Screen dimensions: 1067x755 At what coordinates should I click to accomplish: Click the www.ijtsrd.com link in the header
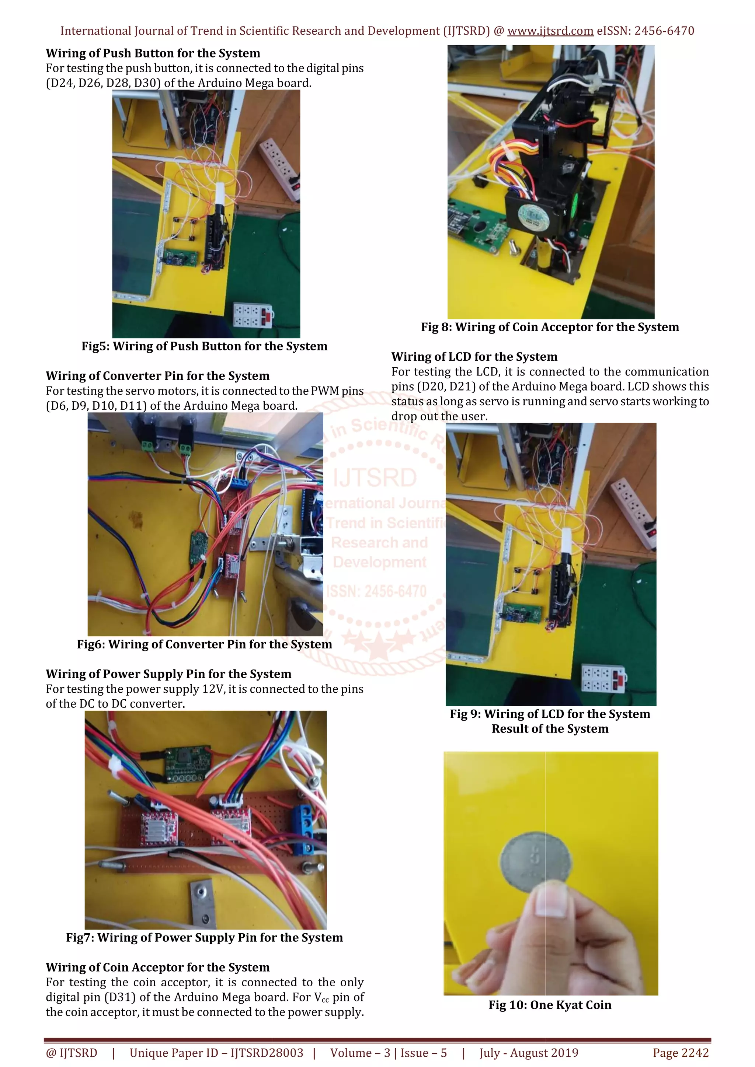[x=550, y=31]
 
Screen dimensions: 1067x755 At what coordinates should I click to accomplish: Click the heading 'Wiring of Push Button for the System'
[x=153, y=53]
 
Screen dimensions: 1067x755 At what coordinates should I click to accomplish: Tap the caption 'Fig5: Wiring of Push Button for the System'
[x=205, y=346]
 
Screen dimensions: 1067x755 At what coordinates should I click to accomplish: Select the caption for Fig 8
[x=550, y=327]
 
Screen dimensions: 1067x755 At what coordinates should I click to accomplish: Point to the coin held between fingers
[x=536, y=861]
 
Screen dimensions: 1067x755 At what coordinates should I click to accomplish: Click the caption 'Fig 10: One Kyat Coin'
[x=550, y=1005]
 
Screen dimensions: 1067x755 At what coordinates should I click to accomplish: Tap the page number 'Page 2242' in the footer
[x=681, y=1053]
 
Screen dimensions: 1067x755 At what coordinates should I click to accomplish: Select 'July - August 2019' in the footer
[x=529, y=1053]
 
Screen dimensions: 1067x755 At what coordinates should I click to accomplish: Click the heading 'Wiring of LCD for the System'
[x=474, y=357]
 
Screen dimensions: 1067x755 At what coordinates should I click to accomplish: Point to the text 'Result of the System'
[x=550, y=729]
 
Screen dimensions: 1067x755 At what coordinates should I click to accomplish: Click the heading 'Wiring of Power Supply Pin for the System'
[x=168, y=674]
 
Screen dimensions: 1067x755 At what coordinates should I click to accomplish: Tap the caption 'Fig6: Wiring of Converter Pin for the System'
[x=205, y=644]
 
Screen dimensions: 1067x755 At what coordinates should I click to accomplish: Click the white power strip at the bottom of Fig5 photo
[x=253, y=315]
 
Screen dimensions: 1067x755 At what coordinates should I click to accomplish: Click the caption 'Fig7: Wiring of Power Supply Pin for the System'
[x=205, y=937]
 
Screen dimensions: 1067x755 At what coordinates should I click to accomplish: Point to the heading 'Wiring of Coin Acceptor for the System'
[x=158, y=967]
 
